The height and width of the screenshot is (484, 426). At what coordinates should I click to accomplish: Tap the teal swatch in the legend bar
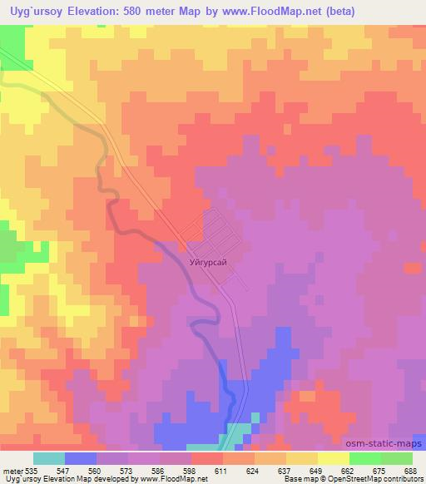pos(48,458)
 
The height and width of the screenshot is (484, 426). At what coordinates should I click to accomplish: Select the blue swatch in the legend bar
pos(81,458)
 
